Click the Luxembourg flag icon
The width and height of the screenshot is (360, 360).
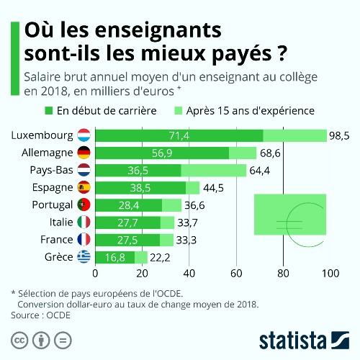pos(84,135)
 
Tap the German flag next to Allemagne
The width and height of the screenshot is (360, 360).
pos(84,153)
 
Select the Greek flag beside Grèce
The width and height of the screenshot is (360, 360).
pos(84,257)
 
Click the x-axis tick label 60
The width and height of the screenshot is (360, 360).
pos(236,274)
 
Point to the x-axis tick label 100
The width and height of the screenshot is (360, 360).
pos(330,274)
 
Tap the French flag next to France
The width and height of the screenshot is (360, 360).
pos(84,240)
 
